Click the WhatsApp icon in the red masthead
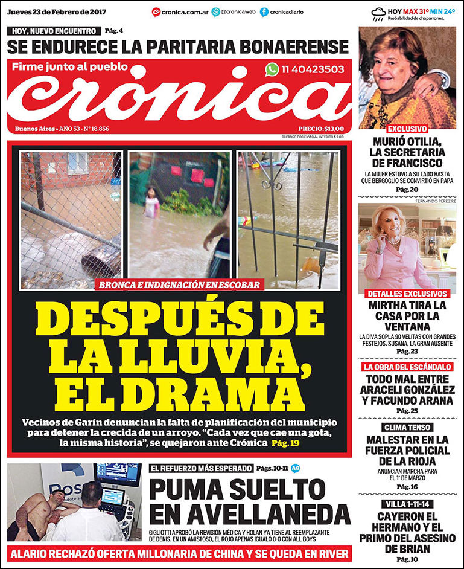[272, 69]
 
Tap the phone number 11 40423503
[313, 69]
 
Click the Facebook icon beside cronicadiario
[264, 11]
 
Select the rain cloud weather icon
[378, 13]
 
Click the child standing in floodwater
[151, 202]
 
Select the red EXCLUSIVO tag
[407, 129]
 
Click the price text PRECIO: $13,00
[321, 129]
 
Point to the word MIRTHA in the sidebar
[390, 305]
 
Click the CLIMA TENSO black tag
[407, 427]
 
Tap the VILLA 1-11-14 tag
[407, 504]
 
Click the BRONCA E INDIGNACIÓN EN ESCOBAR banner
[179, 284]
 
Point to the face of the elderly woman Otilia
[395, 57]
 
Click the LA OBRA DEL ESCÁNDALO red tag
[407, 367]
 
